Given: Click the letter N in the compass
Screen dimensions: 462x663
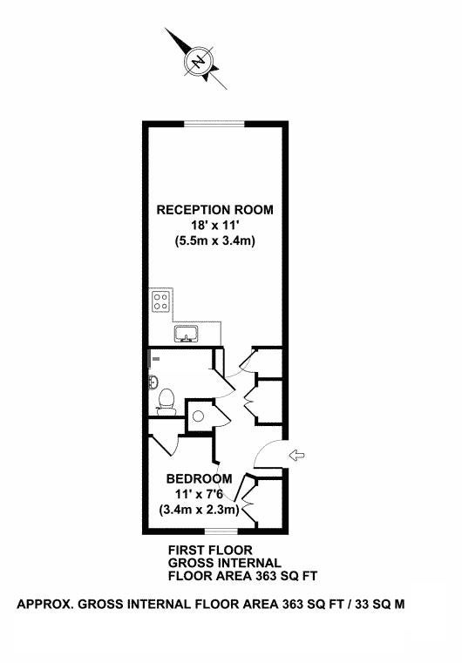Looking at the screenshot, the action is pyautogui.click(x=198, y=62).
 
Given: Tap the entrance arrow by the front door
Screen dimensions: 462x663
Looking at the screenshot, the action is pyautogui.click(x=296, y=456).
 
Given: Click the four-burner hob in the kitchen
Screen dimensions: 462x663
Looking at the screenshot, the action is pyautogui.click(x=160, y=301).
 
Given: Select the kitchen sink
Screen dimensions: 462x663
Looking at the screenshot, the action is pyautogui.click(x=187, y=334).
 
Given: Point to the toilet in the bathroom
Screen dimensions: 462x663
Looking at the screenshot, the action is pyautogui.click(x=166, y=403).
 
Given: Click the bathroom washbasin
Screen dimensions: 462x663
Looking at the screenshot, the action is pyautogui.click(x=153, y=382).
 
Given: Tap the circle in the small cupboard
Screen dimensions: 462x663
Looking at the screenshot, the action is pyautogui.click(x=198, y=416).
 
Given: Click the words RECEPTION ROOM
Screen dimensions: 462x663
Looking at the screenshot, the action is pyautogui.click(x=215, y=210).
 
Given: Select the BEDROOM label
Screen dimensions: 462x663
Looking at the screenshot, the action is pyautogui.click(x=200, y=478).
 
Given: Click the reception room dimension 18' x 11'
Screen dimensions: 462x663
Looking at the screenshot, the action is pyautogui.click(x=214, y=226).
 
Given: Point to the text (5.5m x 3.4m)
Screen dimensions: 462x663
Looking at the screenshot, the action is pyautogui.click(x=215, y=241).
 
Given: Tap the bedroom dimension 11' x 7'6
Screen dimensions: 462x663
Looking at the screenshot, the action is pyautogui.click(x=199, y=494).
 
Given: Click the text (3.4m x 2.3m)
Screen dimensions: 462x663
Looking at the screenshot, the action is pyautogui.click(x=199, y=510).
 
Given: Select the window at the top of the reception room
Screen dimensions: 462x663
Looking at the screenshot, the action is pyautogui.click(x=215, y=124).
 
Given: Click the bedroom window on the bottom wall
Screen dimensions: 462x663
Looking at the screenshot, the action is pyautogui.click(x=221, y=531).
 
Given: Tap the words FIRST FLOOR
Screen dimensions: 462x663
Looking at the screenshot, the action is pyautogui.click(x=210, y=550).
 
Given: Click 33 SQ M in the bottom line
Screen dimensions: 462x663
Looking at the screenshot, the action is pyautogui.click(x=380, y=605).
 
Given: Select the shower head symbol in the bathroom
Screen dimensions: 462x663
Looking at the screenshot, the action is pyautogui.click(x=156, y=359).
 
